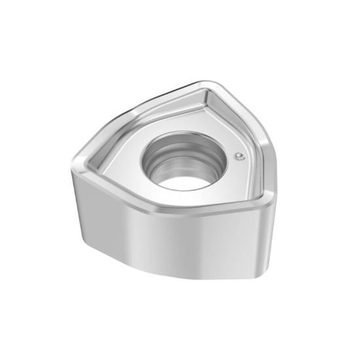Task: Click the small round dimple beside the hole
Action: point(240,156)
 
